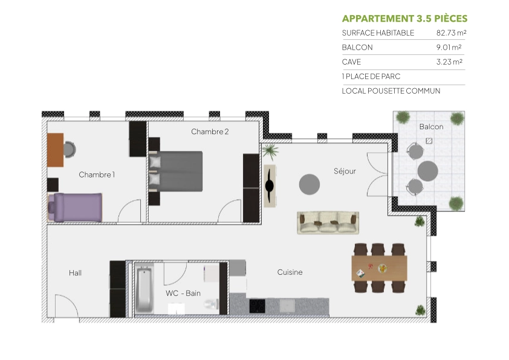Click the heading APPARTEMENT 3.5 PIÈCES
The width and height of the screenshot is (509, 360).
click(404, 19)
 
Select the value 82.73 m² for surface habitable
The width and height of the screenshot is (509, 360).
click(451, 33)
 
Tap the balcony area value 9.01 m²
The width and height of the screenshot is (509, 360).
click(449, 48)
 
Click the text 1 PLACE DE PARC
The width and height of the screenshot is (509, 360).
click(371, 77)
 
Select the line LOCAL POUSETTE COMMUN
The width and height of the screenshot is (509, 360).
click(391, 91)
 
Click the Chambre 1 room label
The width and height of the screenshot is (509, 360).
click(97, 175)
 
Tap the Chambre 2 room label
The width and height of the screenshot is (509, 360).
click(210, 132)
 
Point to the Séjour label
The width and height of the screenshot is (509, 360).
click(345, 172)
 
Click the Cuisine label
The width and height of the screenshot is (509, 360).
click(290, 272)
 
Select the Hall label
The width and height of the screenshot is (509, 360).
click(75, 273)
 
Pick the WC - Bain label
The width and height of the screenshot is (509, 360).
click(183, 294)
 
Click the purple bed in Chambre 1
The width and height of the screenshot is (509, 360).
click(76, 207)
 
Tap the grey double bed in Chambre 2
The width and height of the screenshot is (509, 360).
click(177, 171)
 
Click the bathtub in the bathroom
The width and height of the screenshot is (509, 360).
click(144, 290)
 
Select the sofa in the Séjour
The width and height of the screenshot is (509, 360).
click(328, 222)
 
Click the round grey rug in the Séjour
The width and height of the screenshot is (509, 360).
click(310, 184)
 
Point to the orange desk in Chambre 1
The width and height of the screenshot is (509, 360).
click(55, 150)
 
